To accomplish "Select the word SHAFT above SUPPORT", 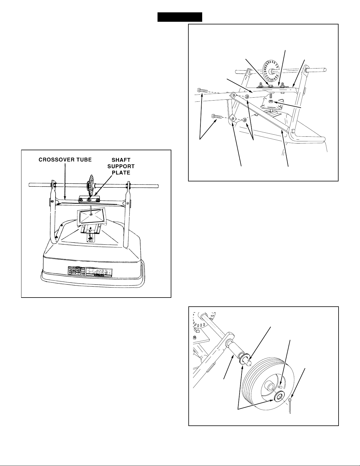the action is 121,160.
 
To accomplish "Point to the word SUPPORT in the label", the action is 121,166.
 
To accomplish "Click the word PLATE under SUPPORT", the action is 121,173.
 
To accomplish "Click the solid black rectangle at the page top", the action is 180,17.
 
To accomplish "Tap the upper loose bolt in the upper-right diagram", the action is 202,91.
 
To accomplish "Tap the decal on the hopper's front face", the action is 90,271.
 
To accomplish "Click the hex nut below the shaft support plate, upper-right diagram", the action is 271,101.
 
